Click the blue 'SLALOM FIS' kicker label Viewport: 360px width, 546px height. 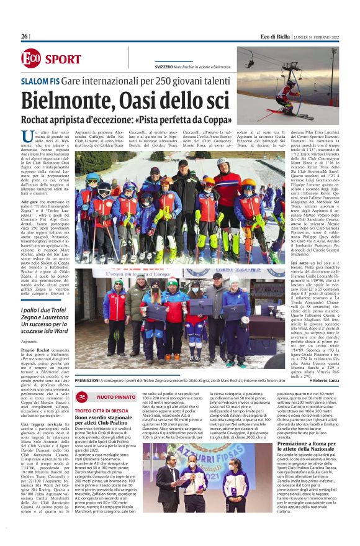coord(40,81)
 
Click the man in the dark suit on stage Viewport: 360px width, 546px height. coord(167,485)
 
